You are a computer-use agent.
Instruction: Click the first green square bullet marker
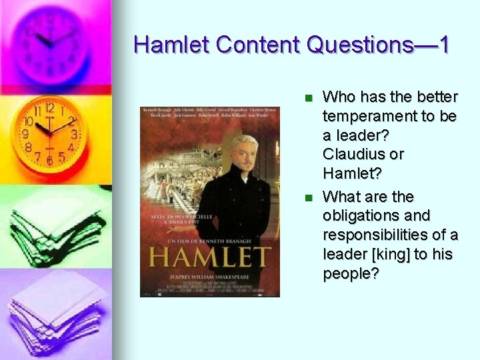click(307, 98)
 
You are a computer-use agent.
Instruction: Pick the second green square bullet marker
click(307, 198)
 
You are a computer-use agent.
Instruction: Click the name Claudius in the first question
click(353, 154)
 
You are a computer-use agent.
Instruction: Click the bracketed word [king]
click(385, 255)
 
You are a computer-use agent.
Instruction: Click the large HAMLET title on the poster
click(209, 258)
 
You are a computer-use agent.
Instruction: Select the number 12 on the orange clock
click(49, 108)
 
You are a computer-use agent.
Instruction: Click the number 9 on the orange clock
click(25, 134)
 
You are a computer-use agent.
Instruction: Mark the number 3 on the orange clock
click(74, 135)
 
